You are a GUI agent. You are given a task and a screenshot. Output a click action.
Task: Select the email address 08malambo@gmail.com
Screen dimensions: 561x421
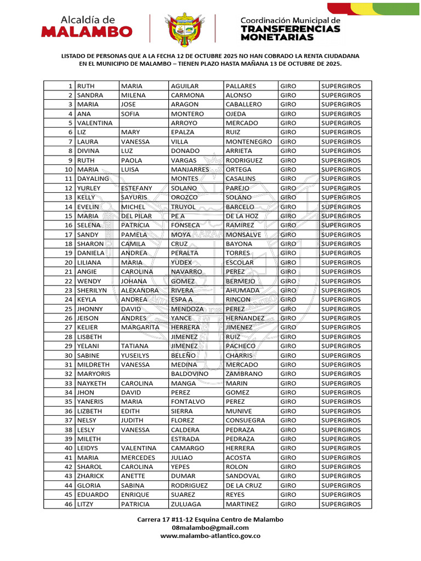point(210,528)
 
